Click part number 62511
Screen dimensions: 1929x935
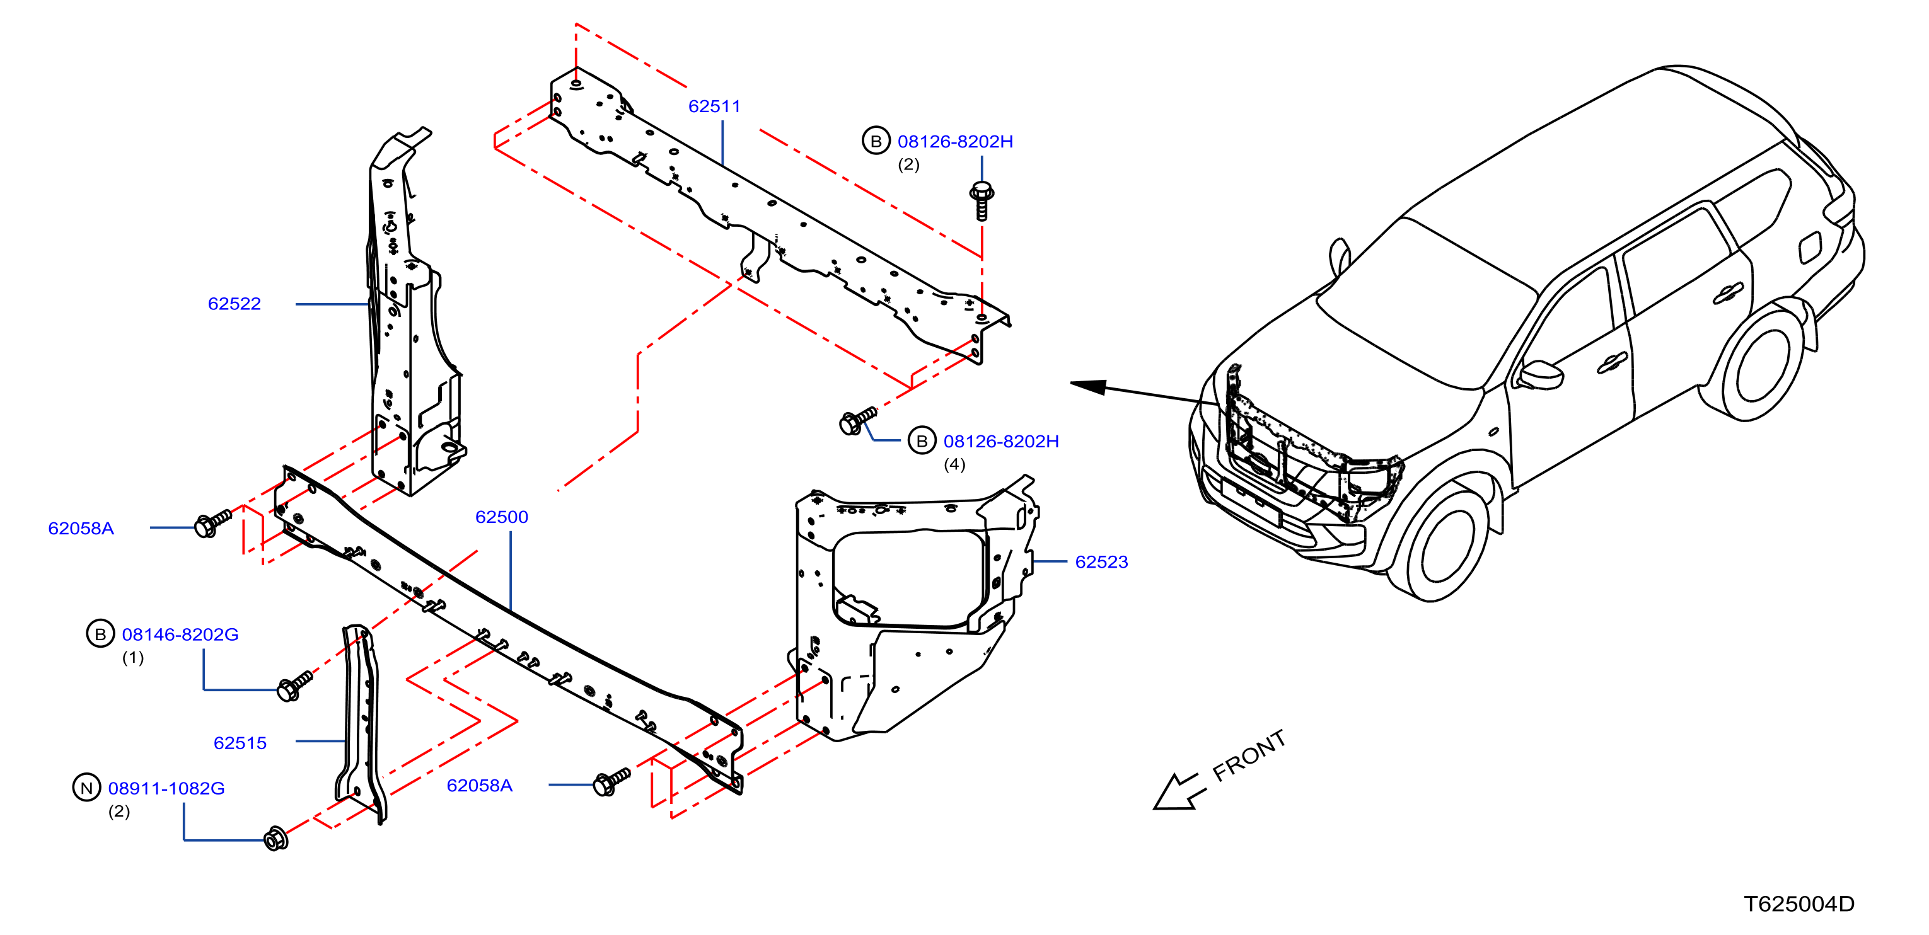tap(714, 106)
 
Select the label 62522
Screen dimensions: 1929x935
tap(235, 303)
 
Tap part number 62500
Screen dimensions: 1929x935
tap(502, 517)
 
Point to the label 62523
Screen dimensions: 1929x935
tap(1101, 561)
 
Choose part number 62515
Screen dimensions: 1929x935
tap(240, 743)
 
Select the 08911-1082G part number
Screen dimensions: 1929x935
tap(166, 788)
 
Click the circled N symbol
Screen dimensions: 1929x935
tap(86, 788)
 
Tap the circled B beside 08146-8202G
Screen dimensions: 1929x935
tap(100, 634)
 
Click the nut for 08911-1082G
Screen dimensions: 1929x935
tap(275, 839)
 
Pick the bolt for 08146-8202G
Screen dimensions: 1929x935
tap(294, 685)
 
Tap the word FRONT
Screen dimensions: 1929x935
tap(1249, 756)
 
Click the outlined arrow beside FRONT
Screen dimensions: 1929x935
tap(1179, 792)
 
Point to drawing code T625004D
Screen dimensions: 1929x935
tap(1799, 904)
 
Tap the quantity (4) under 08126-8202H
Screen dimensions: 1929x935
tap(954, 464)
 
